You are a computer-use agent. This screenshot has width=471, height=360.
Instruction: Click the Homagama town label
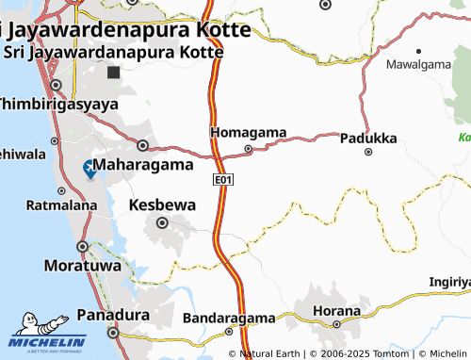click(x=249, y=132)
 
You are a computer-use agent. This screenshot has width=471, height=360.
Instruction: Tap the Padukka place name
click(x=368, y=137)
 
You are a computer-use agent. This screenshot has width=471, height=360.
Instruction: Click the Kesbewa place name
click(x=162, y=204)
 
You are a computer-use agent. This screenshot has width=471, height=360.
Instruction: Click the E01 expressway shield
click(x=223, y=178)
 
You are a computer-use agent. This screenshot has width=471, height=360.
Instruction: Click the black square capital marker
click(x=114, y=73)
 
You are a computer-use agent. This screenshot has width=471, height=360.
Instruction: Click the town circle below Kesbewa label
click(x=163, y=223)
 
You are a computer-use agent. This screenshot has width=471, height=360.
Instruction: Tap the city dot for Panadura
click(x=113, y=332)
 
